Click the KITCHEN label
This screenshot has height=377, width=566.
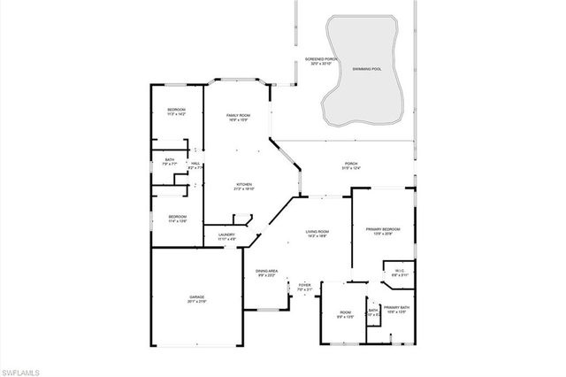tap(244, 186)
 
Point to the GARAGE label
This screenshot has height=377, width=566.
tap(196, 299)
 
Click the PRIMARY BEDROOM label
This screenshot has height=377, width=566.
tap(384, 231)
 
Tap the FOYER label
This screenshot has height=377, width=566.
tap(304, 288)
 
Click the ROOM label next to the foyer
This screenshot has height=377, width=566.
tap(345, 314)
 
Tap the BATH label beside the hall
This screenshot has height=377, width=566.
tap(170, 162)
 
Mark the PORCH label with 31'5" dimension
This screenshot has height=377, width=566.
tap(351, 166)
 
